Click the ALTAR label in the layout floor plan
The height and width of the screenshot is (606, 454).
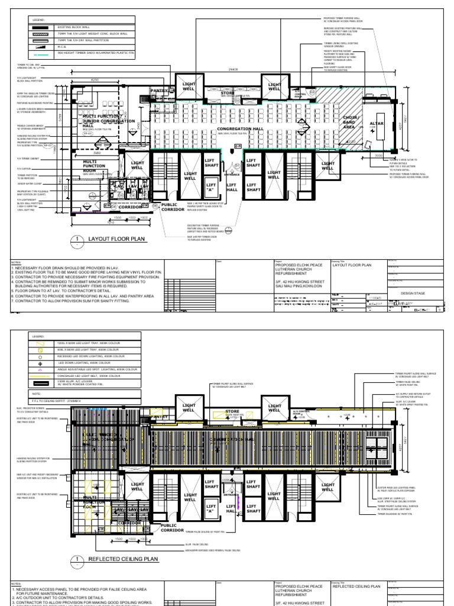coord(377,124)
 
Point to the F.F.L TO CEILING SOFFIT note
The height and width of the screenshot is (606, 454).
coord(65,401)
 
